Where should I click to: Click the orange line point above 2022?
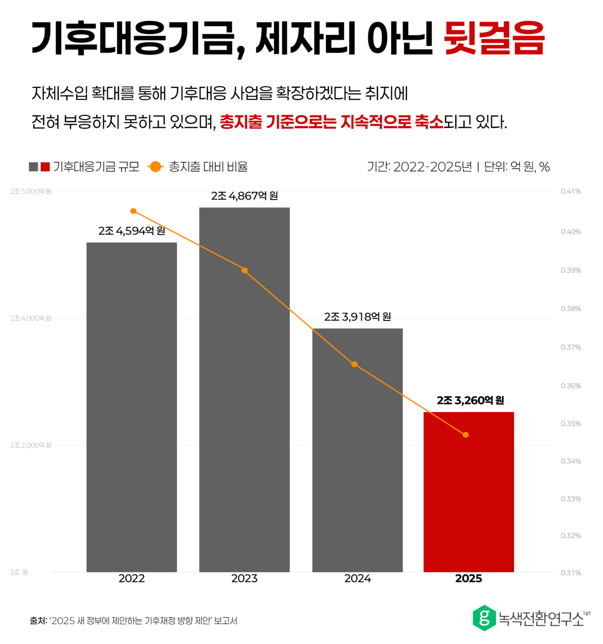133,211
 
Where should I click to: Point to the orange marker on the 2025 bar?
465,435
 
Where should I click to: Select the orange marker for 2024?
354,364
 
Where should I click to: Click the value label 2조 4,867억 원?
244,196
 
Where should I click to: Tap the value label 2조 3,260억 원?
470,400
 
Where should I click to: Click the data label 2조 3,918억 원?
357,317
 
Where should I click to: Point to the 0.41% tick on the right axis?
570,191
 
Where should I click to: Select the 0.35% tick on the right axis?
570,423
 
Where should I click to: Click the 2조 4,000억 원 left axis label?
31,318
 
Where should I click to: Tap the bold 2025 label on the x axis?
468,578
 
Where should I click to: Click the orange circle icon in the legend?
155,167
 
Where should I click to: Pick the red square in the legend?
45,167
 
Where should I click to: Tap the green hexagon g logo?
484,618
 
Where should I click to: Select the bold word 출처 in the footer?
38,621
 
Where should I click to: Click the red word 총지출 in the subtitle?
241,122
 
